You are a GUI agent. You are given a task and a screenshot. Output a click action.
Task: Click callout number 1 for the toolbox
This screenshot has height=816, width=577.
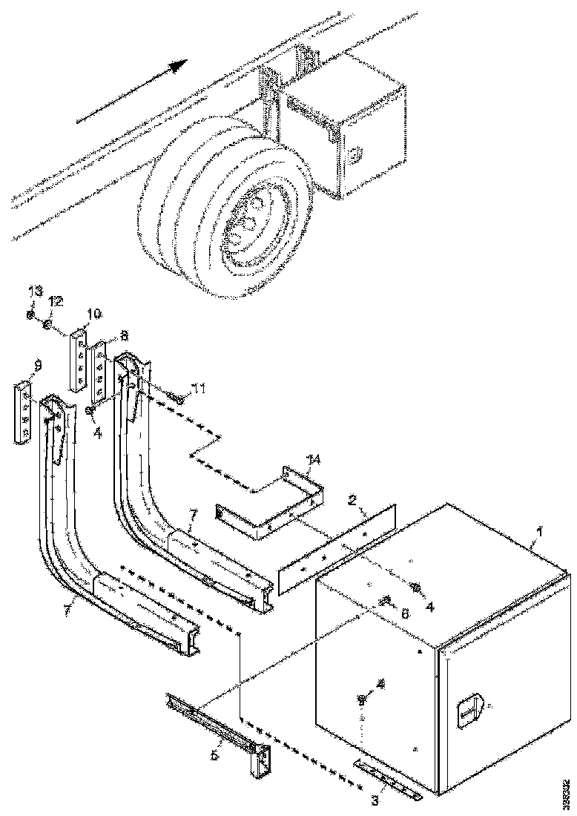(x=540, y=531)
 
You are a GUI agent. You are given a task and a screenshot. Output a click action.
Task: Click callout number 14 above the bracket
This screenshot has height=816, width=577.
(x=314, y=460)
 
